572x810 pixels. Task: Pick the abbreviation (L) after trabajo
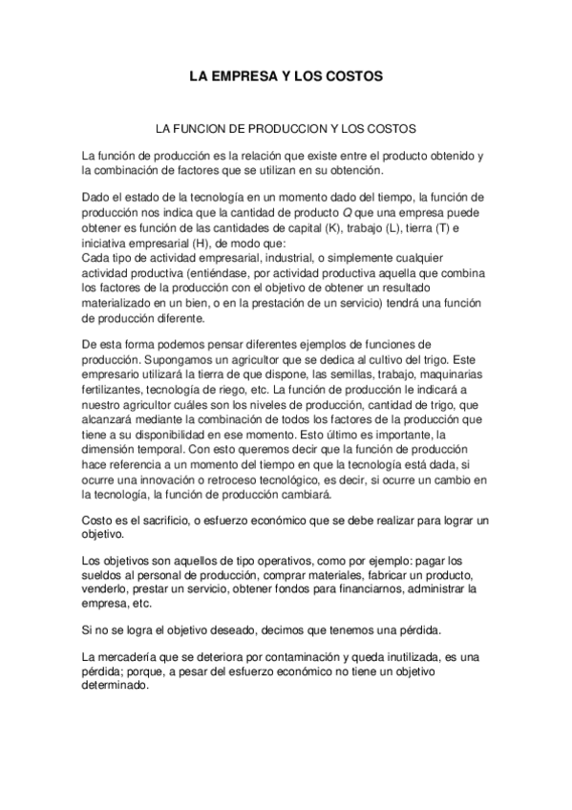pyautogui.click(x=391, y=228)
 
